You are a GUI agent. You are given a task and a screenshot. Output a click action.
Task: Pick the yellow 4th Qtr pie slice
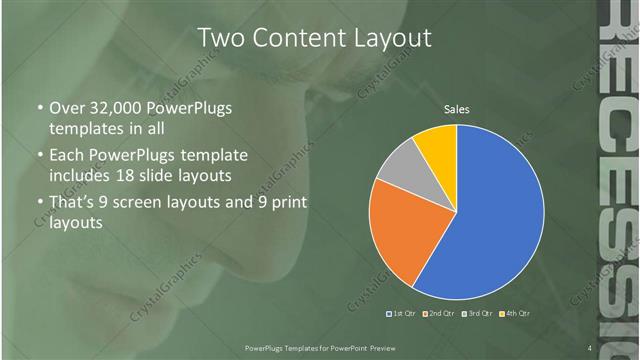pyautogui.click(x=437, y=144)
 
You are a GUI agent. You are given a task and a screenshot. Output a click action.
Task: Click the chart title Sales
pyautogui.click(x=456, y=109)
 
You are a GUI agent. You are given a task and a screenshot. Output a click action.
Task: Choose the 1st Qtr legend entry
pyautogui.click(x=402, y=313)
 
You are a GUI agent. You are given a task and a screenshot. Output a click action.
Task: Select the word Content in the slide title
pyautogui.click(x=295, y=38)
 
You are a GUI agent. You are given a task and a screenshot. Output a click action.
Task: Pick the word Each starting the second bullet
pyautogui.click(x=68, y=156)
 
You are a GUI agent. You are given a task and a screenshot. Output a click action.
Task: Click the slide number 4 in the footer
pyautogui.click(x=590, y=347)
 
